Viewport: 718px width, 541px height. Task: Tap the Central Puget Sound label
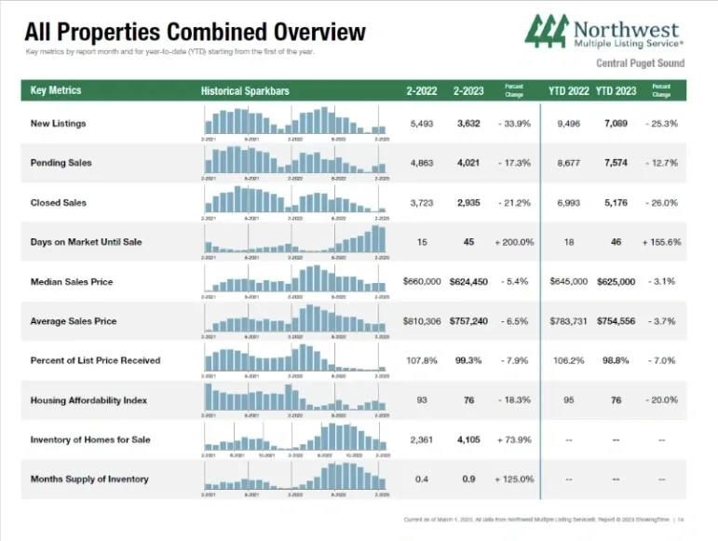[640, 63]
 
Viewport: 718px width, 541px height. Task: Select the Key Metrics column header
[56, 90]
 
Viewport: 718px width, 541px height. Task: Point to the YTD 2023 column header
[616, 91]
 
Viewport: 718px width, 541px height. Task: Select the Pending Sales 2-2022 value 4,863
[422, 163]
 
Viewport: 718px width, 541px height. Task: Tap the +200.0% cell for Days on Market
[514, 242]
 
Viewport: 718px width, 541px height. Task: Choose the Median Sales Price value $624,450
[468, 281]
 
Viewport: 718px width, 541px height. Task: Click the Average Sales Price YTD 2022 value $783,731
[569, 321]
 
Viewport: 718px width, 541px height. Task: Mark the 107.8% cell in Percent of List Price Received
[422, 360]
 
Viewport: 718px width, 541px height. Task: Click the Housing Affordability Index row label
[88, 400]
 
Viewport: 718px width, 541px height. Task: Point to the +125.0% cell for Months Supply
[514, 480]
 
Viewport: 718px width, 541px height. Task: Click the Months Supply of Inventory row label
[88, 480]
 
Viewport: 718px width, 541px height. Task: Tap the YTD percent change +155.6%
[661, 242]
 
